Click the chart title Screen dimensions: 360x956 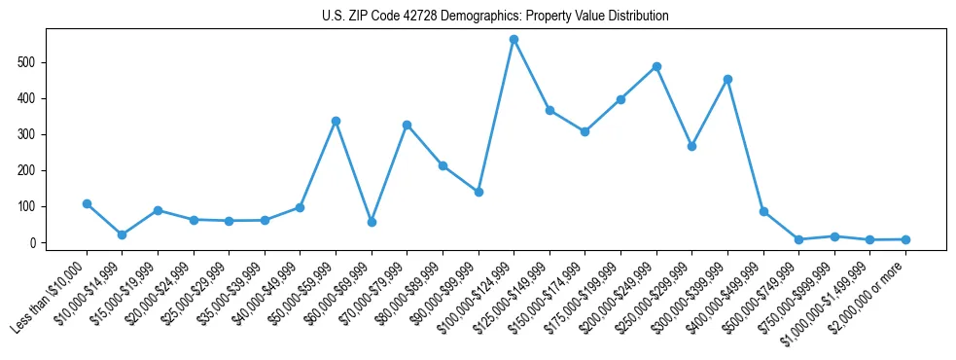point(495,16)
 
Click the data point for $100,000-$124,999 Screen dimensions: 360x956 point(513,40)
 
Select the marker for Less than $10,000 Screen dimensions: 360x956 point(87,203)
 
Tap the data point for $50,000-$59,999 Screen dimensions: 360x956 point(336,121)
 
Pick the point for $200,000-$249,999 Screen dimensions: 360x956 point(656,66)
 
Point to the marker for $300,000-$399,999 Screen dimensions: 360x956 point(727,79)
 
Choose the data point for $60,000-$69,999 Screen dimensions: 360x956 point(372,222)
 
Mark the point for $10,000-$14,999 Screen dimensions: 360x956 point(122,234)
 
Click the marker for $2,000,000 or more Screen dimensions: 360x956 point(905,239)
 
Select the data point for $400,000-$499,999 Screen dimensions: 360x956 point(763,211)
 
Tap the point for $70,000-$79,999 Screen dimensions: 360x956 point(407,125)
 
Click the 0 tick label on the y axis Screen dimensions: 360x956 point(34,242)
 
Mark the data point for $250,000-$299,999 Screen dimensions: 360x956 point(691,146)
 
